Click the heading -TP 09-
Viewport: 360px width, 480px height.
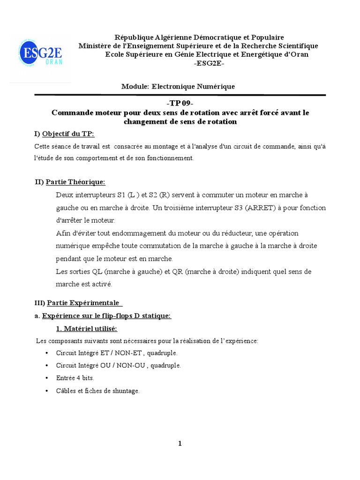coord(180,104)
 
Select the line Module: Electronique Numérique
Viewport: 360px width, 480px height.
coord(178,87)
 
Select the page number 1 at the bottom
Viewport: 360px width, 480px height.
coord(180,444)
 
